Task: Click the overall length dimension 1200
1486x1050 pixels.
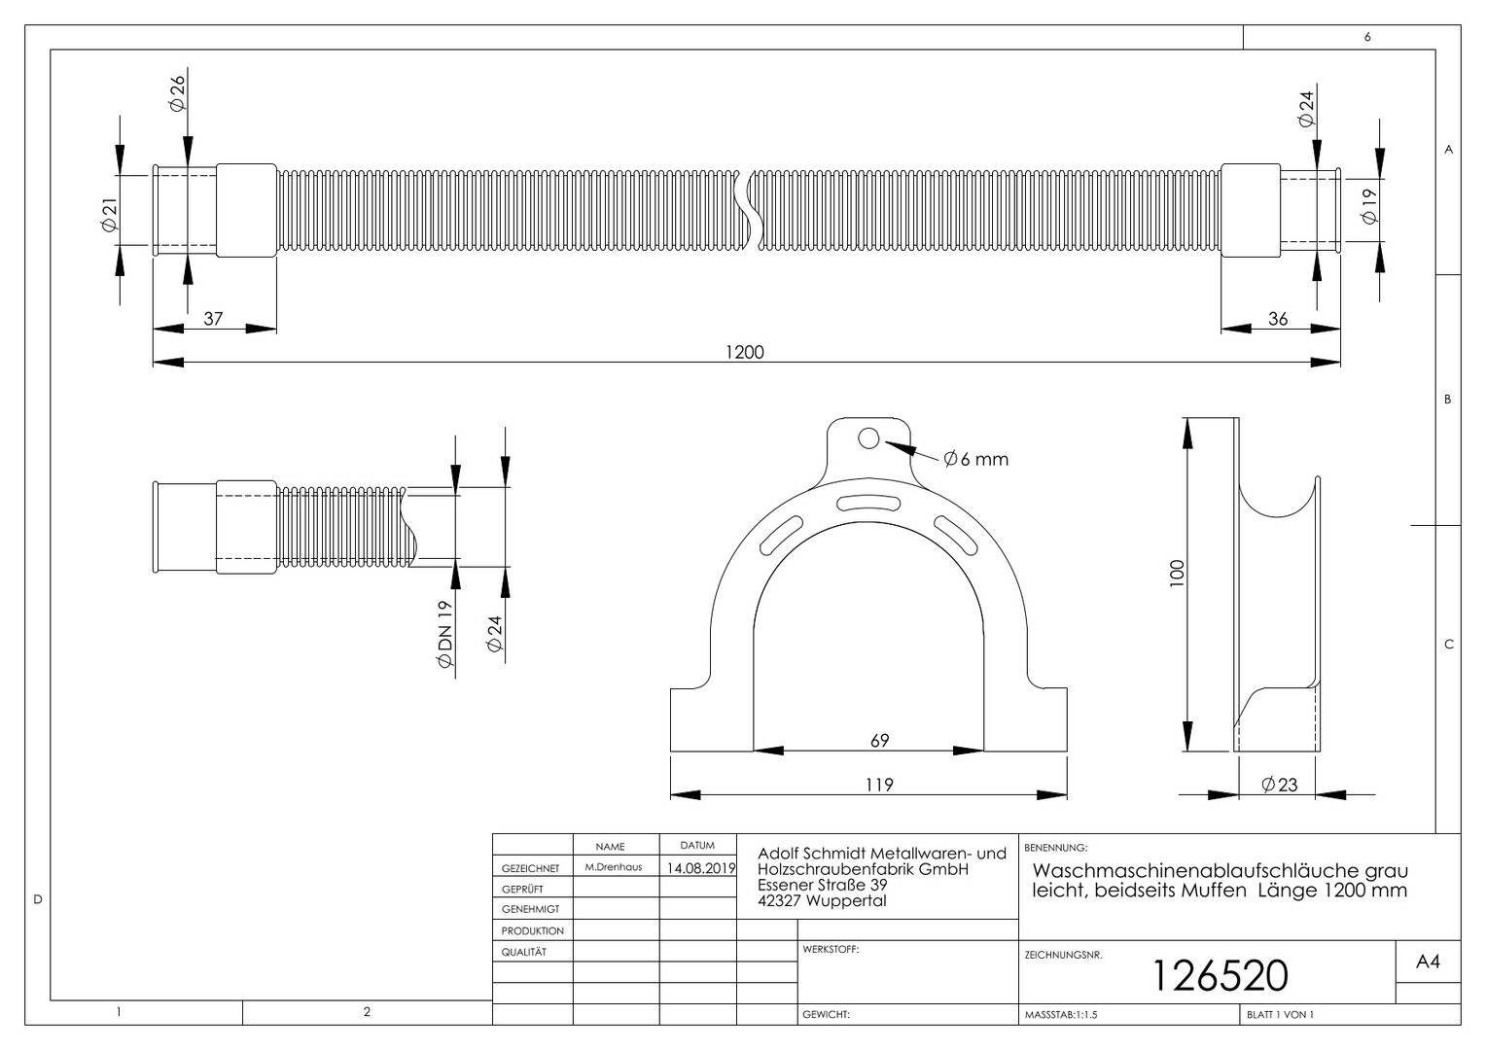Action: click(x=744, y=352)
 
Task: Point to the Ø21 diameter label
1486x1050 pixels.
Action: click(x=109, y=215)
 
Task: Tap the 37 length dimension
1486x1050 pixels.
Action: click(x=213, y=318)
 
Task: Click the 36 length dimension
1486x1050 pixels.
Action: click(x=1278, y=319)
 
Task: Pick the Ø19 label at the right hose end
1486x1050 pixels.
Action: click(x=1369, y=206)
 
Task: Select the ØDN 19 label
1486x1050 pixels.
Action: click(x=444, y=634)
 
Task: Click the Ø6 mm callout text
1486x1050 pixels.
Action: click(x=975, y=459)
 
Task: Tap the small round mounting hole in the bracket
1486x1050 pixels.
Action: click(x=868, y=438)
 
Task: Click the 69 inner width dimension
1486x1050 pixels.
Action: click(x=880, y=740)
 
